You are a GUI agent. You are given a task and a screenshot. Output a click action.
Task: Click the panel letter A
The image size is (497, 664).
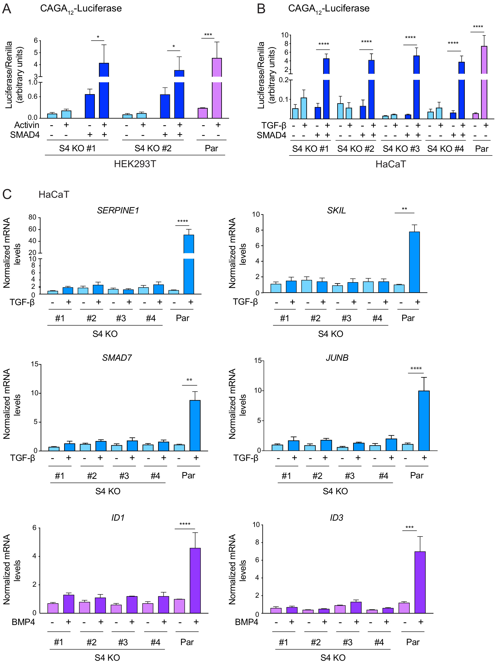click(7, 8)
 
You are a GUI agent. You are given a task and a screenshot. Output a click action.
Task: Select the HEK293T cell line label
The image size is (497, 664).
click(135, 164)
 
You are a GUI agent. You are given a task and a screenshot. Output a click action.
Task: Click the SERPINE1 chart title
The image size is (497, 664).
click(118, 210)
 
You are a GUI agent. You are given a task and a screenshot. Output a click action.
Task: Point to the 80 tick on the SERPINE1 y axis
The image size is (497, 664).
click(32, 217)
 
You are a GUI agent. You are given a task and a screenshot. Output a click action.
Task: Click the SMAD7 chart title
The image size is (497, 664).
click(117, 357)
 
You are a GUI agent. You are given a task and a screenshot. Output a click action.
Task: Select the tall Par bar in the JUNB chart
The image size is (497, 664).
click(424, 420)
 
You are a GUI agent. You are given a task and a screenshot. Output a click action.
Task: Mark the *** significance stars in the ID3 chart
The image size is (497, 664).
click(409, 527)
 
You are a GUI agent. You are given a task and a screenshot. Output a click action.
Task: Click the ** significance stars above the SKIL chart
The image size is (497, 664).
click(404, 209)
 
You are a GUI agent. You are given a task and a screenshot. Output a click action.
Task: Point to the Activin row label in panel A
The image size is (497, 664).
click(27, 125)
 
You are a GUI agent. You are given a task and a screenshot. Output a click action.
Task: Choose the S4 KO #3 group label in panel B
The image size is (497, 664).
click(401, 149)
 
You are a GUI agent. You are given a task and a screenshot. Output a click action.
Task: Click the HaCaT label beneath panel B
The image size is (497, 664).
click(391, 164)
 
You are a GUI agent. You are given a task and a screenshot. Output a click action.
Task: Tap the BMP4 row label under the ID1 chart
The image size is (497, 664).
click(23, 622)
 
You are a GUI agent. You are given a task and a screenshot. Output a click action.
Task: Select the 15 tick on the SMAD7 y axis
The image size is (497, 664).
click(34, 364)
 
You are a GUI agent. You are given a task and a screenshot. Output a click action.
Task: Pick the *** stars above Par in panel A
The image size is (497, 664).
click(208, 35)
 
